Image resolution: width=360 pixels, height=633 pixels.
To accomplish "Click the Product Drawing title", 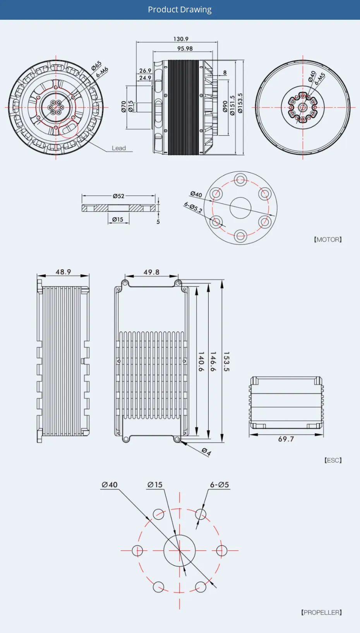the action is (180, 10).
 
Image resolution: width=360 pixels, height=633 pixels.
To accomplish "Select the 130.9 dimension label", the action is (181, 39).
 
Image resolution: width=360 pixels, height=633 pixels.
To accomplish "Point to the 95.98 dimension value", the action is (185, 48).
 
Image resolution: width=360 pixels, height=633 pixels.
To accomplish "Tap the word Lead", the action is (119, 148).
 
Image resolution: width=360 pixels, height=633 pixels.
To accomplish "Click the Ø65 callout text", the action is (96, 66).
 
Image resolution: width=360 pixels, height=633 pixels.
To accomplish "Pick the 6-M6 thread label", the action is (102, 72).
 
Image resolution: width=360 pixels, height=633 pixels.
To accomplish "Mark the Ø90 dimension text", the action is (225, 106).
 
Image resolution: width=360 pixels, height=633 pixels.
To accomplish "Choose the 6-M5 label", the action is (320, 79).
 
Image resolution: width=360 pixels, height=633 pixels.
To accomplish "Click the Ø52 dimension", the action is (118, 196).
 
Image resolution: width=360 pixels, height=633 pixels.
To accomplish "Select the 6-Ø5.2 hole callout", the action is (193, 207).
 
